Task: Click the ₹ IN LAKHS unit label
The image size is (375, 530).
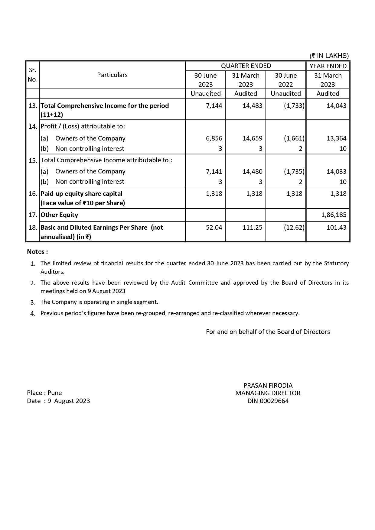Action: click(x=329, y=56)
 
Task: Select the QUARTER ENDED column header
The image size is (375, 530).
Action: click(x=246, y=66)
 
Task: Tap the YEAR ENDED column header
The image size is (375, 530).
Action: click(x=328, y=66)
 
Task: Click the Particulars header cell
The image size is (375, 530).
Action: click(x=112, y=75)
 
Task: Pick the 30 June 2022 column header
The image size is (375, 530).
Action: click(x=286, y=80)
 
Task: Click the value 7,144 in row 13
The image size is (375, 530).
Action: click(x=214, y=106)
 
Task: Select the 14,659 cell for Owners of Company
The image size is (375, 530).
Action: click(x=253, y=138)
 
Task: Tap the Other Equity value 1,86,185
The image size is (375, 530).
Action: click(x=334, y=215)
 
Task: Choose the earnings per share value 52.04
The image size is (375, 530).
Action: click(x=214, y=228)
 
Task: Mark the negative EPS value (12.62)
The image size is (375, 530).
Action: click(x=294, y=228)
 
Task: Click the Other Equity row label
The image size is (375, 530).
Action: click(x=59, y=215)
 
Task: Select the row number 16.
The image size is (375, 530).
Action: click(x=33, y=194)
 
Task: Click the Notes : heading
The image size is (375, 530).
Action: click(x=37, y=252)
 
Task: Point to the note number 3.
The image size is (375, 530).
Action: click(x=33, y=302)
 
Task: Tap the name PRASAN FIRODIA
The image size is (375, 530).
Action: click(x=268, y=386)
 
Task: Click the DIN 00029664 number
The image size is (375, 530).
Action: click(x=268, y=401)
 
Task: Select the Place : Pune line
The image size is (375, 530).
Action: click(x=44, y=393)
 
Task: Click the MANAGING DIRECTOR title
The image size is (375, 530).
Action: click(x=268, y=393)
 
